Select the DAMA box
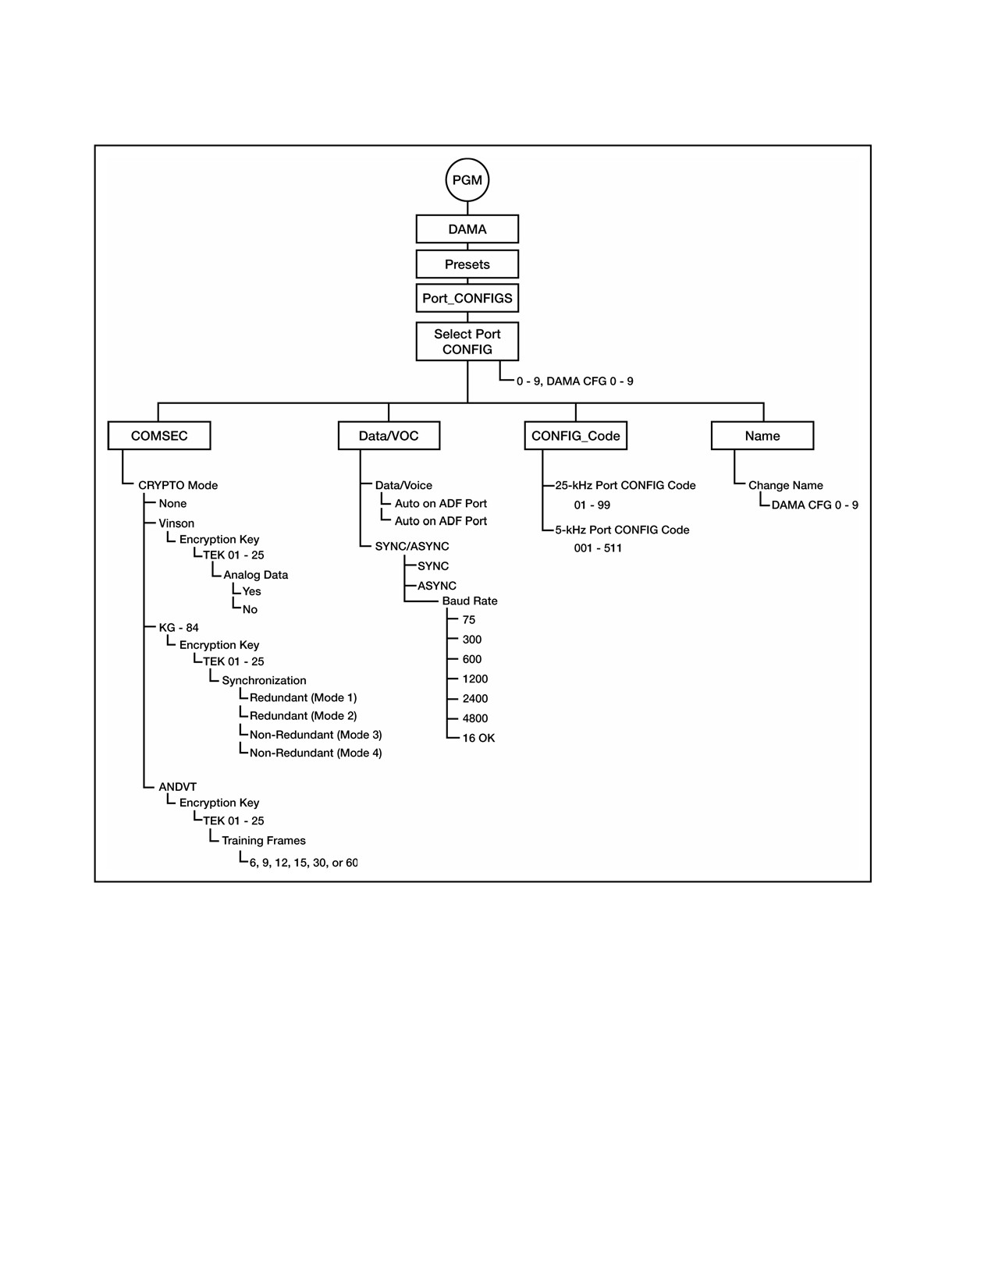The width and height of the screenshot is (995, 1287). click(467, 229)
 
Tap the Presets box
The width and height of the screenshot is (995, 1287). click(467, 264)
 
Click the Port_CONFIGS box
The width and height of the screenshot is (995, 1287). click(467, 299)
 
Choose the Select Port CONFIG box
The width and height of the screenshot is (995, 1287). click(467, 342)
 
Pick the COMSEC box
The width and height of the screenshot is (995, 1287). click(159, 436)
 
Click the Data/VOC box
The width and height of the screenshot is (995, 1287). click(389, 436)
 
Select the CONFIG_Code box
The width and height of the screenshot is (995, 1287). click(575, 436)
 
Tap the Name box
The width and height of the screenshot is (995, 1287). click(762, 436)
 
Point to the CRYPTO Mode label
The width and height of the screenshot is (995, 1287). click(178, 486)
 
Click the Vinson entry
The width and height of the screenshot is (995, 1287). click(176, 523)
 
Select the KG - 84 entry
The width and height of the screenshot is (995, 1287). click(179, 628)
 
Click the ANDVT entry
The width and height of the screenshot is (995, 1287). click(177, 787)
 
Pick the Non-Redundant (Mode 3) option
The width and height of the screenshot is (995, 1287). click(315, 735)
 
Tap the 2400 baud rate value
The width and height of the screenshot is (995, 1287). click(474, 699)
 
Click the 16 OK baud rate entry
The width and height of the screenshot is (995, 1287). click(478, 739)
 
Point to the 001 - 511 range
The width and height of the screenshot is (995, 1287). click(598, 548)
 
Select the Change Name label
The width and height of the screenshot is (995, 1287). click(785, 486)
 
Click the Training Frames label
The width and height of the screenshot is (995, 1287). click(264, 841)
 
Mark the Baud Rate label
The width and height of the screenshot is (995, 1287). click(469, 601)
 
